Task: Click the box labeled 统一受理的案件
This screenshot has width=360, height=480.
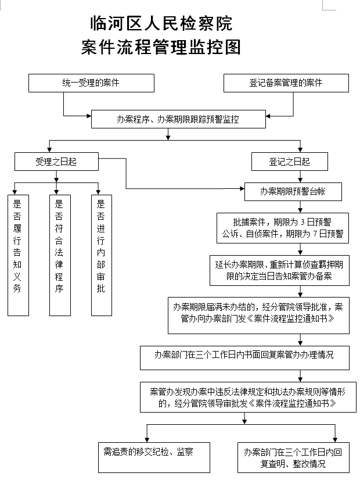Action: (x=91, y=83)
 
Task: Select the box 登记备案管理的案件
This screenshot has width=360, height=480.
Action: (x=286, y=83)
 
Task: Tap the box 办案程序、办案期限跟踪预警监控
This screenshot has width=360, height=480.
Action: (x=178, y=119)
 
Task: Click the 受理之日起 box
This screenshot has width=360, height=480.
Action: (x=56, y=162)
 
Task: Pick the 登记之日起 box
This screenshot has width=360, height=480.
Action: (x=290, y=162)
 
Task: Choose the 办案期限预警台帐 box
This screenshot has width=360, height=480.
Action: (x=293, y=192)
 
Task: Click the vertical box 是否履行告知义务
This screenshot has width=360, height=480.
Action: (x=19, y=255)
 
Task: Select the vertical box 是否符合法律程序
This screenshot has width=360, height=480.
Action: (x=60, y=255)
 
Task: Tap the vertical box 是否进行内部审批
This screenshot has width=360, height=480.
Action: (x=102, y=255)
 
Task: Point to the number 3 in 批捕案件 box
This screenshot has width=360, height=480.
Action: (x=303, y=222)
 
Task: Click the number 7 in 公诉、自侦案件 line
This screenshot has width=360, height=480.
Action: (x=315, y=234)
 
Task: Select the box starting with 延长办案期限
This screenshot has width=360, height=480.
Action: (x=279, y=271)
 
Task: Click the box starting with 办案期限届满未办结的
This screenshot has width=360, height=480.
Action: (x=258, y=316)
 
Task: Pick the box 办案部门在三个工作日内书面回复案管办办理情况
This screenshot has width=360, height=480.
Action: (x=244, y=358)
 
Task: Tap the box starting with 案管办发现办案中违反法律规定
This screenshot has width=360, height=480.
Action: (x=248, y=397)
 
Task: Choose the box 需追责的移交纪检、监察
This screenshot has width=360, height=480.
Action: (x=154, y=457)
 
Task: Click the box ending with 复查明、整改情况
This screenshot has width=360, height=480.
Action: (x=293, y=457)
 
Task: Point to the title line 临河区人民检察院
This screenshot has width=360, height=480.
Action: (x=161, y=24)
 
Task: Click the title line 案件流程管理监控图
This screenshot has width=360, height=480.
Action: (x=161, y=47)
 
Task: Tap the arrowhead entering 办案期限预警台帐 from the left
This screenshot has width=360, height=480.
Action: (x=243, y=188)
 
